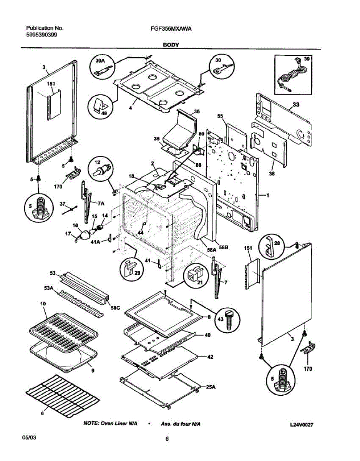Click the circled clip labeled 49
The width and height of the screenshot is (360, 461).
pyautogui.click(x=102, y=106)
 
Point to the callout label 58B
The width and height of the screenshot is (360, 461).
pyautogui.click(x=224, y=248)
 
